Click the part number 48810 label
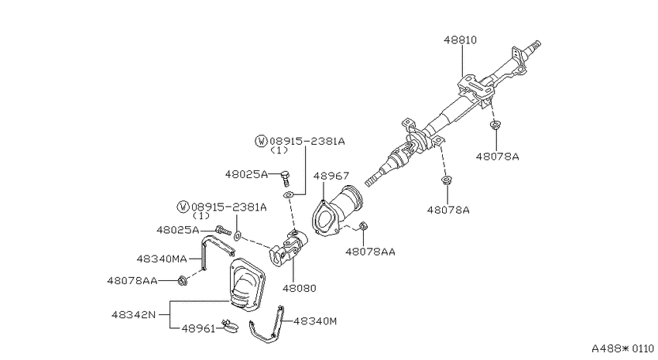[x=461, y=39]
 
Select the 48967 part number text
[x=331, y=176]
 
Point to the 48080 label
[x=300, y=288]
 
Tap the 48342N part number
[x=133, y=314]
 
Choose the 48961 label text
[x=198, y=328]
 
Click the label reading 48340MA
[x=162, y=259]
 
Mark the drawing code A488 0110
[x=622, y=348]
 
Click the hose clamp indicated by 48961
[x=229, y=325]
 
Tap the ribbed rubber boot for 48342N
[x=247, y=286]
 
